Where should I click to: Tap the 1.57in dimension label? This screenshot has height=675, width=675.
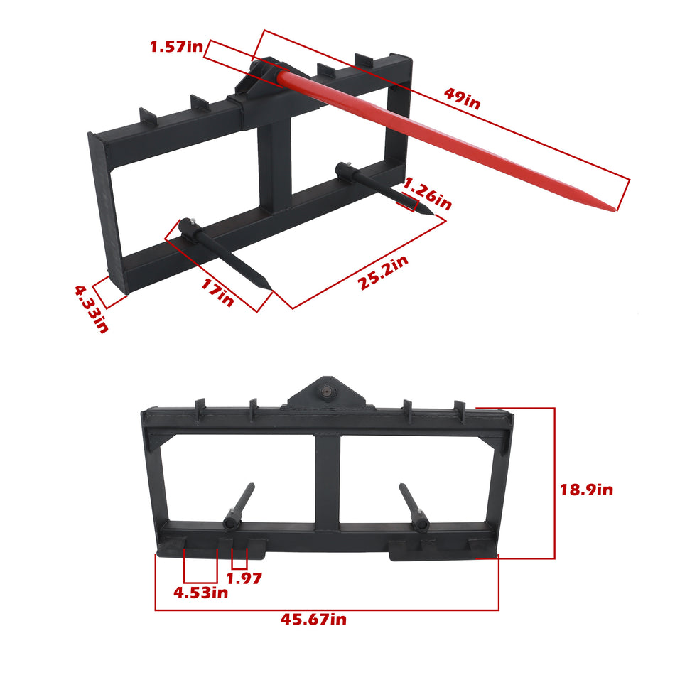[x=176, y=48]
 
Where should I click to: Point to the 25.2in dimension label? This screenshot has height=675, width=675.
[x=384, y=272]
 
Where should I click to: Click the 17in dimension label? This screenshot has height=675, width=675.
[x=217, y=293]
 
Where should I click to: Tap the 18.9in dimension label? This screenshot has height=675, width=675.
[x=585, y=490]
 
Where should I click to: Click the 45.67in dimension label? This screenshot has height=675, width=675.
[x=313, y=620]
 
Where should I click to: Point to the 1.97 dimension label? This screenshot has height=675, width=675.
[x=244, y=578]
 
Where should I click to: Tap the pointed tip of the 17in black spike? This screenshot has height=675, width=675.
[x=269, y=288]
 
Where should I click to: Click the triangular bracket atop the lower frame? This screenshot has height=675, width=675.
[x=328, y=393]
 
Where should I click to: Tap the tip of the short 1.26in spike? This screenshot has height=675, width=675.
[x=427, y=211]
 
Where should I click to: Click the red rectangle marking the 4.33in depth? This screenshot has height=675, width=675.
[x=109, y=292]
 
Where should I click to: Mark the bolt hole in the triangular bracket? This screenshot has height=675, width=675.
[x=328, y=390]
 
